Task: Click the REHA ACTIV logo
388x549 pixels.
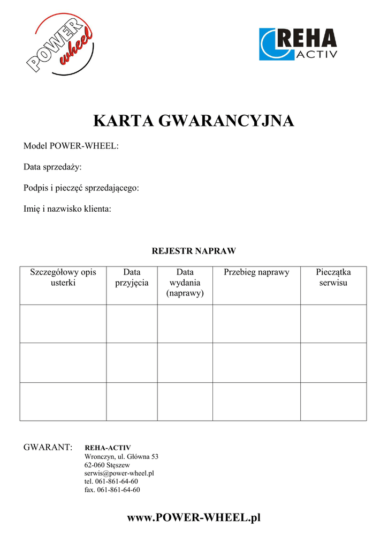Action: coord(298,44)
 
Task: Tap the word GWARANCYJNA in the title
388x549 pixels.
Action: coord(227,121)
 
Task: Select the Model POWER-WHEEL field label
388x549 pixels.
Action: coord(71,146)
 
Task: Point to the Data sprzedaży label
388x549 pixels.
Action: coord(52,167)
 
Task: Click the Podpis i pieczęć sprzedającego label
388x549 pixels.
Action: coord(81,188)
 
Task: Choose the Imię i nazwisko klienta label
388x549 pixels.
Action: coord(67,209)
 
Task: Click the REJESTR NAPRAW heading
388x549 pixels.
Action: coord(194,250)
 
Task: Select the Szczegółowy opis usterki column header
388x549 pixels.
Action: coord(63,277)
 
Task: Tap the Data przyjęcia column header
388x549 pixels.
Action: coord(132,277)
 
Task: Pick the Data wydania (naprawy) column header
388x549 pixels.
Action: coord(185,283)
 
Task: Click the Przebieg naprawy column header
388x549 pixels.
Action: coord(256,272)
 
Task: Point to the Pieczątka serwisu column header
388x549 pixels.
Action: coord(333,277)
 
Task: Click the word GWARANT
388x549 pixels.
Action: coord(48,447)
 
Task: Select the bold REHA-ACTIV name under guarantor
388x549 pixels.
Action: coord(108,448)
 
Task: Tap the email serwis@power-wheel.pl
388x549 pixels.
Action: coord(119,473)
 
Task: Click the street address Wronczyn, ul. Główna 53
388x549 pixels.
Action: coord(121,456)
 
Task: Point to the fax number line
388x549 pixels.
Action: coord(112,489)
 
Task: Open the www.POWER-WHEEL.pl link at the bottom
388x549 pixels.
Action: coord(194,517)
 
